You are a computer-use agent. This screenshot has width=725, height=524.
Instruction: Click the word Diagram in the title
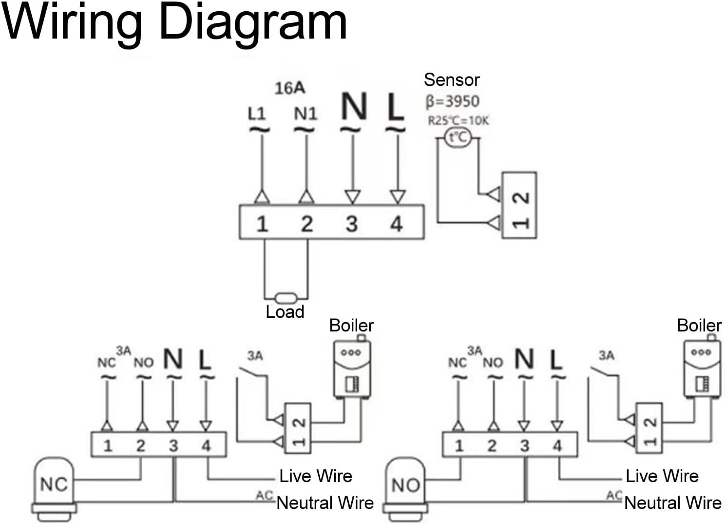pos(253,23)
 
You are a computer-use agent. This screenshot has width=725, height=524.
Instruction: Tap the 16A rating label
pos(289,88)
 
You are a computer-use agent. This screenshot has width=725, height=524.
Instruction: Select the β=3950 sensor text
pos(453,101)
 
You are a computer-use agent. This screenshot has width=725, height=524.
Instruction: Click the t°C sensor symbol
pos(458,137)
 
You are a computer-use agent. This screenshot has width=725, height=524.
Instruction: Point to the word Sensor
pos(452,79)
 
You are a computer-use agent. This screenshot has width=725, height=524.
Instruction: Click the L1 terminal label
pos(257,114)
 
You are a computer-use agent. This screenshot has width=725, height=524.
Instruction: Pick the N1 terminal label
pos(305,114)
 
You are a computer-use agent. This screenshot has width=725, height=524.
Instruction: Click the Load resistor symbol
pos(286,297)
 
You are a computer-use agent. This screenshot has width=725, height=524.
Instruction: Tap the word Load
pos(285,312)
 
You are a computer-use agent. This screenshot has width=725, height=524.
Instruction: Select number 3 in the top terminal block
pos(351,224)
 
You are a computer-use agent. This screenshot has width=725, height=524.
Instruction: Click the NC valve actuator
pos(54,485)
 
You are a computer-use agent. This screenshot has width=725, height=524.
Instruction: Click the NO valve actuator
pos(405,485)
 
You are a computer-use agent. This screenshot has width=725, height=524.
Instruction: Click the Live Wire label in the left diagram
pos(316,476)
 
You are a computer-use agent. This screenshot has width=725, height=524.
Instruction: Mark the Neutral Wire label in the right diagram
pos(673,503)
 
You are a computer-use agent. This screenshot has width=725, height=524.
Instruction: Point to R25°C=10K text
pos(458,120)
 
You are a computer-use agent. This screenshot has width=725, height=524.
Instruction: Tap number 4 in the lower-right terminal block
pos(557,445)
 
